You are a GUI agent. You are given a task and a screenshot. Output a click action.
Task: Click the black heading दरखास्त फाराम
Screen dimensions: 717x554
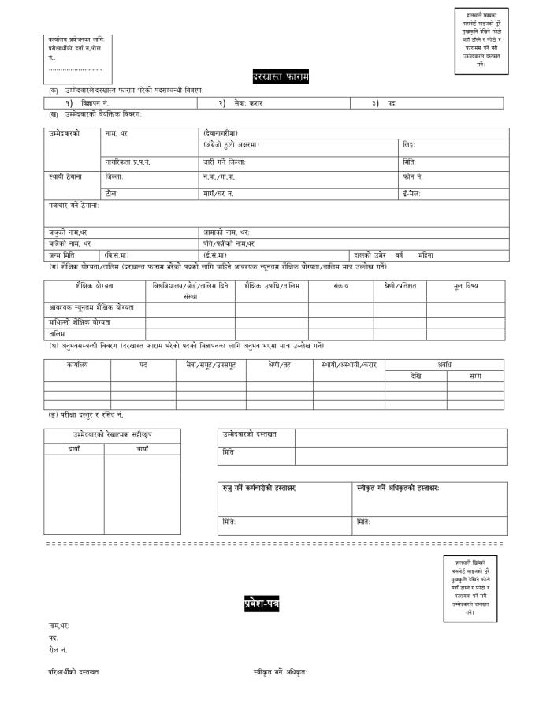click(x=280, y=76)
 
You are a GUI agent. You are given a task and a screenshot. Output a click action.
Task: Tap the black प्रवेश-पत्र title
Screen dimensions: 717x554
click(x=261, y=604)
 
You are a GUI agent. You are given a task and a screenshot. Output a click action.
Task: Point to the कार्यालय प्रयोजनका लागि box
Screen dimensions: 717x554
click(x=77, y=58)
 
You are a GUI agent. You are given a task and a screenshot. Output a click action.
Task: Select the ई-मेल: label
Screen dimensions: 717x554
click(x=412, y=193)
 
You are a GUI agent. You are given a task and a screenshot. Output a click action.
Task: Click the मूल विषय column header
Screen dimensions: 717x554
click(x=465, y=285)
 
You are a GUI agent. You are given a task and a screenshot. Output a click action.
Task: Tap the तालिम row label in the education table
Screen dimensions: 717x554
click(x=58, y=334)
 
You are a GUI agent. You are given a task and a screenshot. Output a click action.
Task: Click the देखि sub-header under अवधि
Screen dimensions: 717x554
click(x=415, y=376)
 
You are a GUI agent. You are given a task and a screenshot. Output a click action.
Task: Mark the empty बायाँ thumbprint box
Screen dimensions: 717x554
click(x=142, y=494)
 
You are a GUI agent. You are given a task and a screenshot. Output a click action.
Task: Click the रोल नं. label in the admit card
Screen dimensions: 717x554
click(x=58, y=649)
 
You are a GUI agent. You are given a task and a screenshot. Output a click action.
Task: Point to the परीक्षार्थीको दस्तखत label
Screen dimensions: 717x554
click(x=73, y=672)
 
